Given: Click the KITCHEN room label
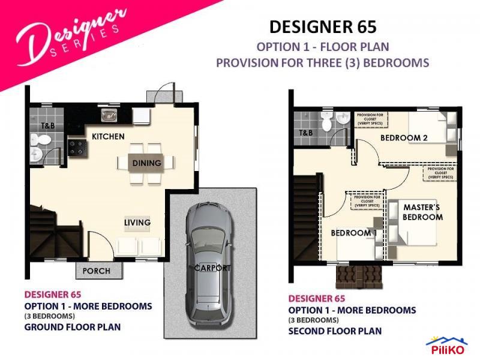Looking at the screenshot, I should tap(108, 137).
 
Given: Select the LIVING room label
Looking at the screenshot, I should tap(137, 223).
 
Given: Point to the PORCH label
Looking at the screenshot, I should tap(96, 271).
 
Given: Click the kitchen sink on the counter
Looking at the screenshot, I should tap(109, 115).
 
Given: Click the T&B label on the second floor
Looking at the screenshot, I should tap(305, 133).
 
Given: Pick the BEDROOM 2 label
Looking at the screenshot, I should tap(404, 138).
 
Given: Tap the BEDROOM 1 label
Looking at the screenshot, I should tap(353, 233).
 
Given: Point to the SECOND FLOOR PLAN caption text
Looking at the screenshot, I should tap(335, 331).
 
